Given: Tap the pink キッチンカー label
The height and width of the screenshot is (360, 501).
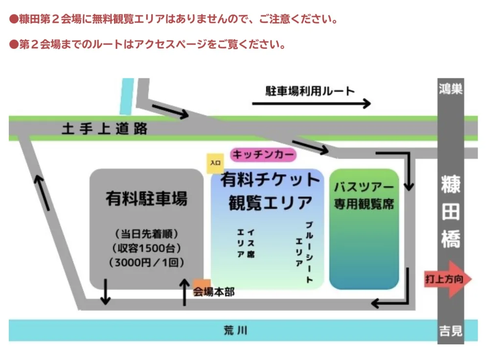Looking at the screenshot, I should click(x=263, y=155).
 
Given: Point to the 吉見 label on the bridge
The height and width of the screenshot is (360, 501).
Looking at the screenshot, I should click(x=451, y=331).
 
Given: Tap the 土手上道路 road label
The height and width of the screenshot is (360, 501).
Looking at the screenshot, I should click(x=105, y=129).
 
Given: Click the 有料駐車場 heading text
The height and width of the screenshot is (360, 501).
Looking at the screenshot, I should click(x=146, y=199).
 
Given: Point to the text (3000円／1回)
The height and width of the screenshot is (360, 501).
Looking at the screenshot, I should click(x=146, y=262).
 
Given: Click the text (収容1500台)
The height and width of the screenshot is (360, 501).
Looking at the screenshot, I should click(x=146, y=247).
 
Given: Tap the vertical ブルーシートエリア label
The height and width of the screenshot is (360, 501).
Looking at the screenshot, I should click(x=304, y=252).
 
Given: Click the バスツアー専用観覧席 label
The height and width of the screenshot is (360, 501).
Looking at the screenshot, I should click(x=364, y=195).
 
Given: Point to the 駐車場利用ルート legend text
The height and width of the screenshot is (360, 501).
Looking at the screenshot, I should click(x=310, y=91).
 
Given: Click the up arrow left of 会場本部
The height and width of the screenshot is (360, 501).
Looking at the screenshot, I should click(x=184, y=292).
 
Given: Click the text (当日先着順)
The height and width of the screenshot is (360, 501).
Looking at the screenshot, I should click(x=146, y=233).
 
